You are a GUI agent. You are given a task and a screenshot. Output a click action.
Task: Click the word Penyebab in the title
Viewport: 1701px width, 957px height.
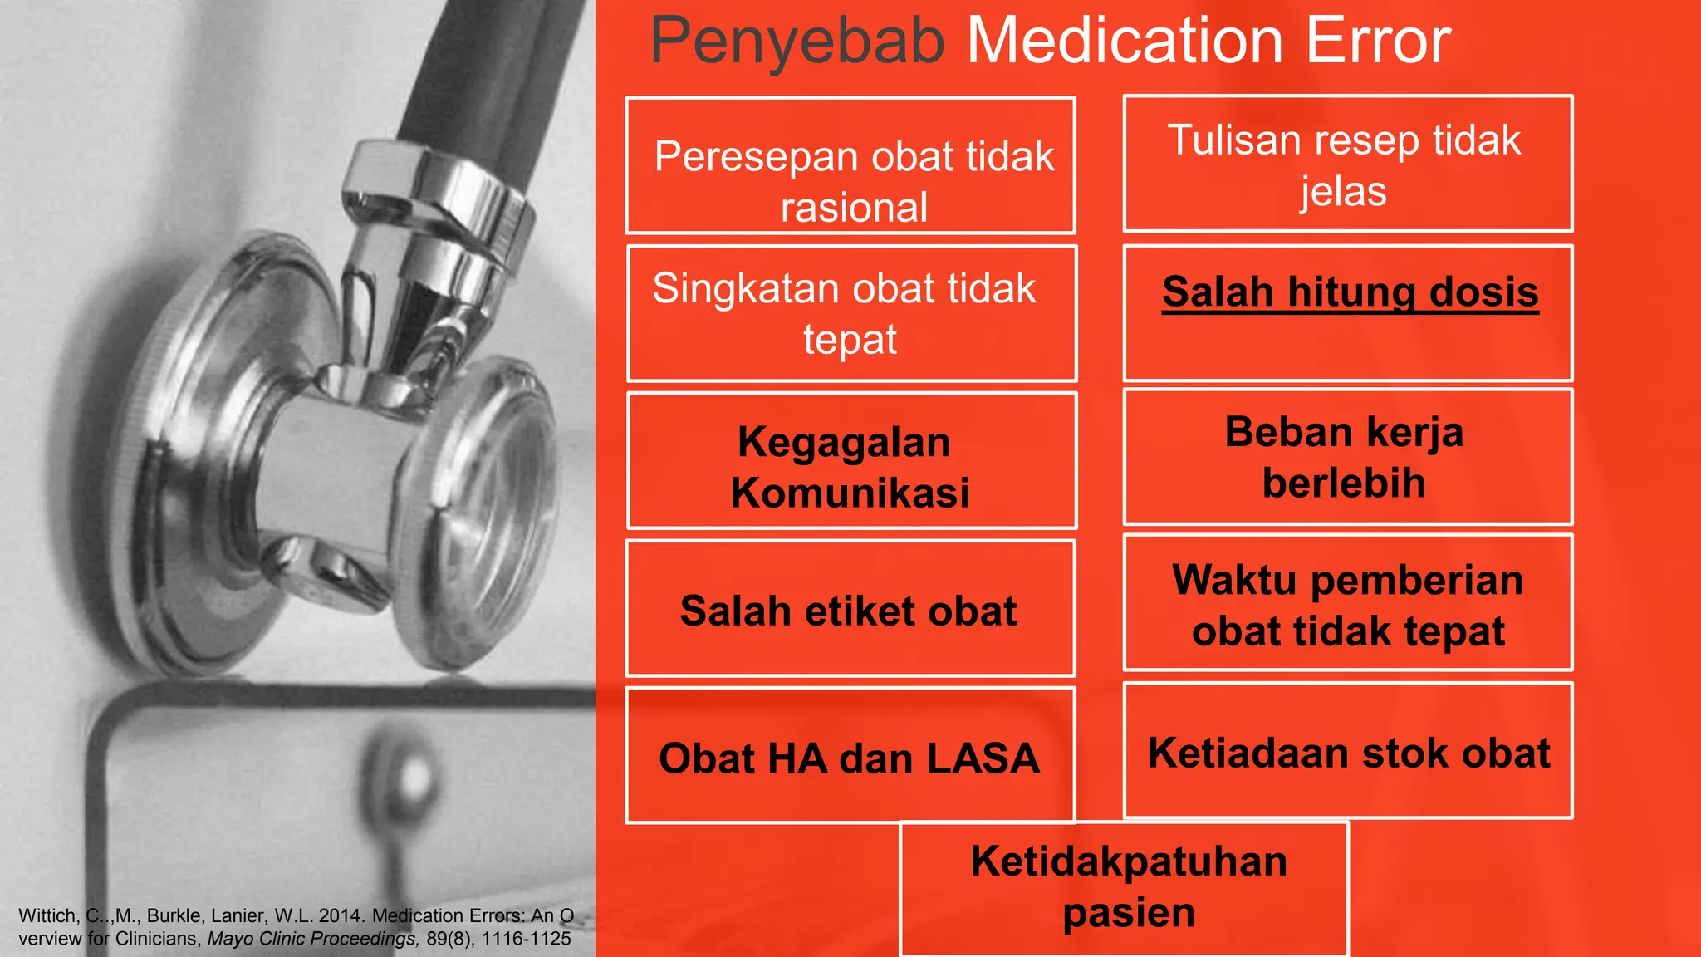point(797,42)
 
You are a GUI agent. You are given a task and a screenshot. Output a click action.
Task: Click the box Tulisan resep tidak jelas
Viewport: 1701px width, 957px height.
point(1347,164)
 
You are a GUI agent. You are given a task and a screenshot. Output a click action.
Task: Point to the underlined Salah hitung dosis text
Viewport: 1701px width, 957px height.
point(1350,292)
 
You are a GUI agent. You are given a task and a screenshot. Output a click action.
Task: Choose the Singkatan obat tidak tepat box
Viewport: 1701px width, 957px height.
point(850,314)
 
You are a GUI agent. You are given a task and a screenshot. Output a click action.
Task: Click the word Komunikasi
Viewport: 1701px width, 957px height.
point(850,493)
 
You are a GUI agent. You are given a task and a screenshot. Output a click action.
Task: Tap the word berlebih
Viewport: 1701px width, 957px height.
point(1344,483)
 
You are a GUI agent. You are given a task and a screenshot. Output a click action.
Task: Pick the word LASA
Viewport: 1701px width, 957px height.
point(983,758)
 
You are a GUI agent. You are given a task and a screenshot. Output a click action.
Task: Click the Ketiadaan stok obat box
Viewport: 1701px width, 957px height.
point(1347,752)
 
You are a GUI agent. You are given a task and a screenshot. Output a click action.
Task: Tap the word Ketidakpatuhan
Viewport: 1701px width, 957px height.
point(1128,861)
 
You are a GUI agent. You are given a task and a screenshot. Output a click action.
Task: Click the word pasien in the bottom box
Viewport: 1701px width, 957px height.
point(1128,913)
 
